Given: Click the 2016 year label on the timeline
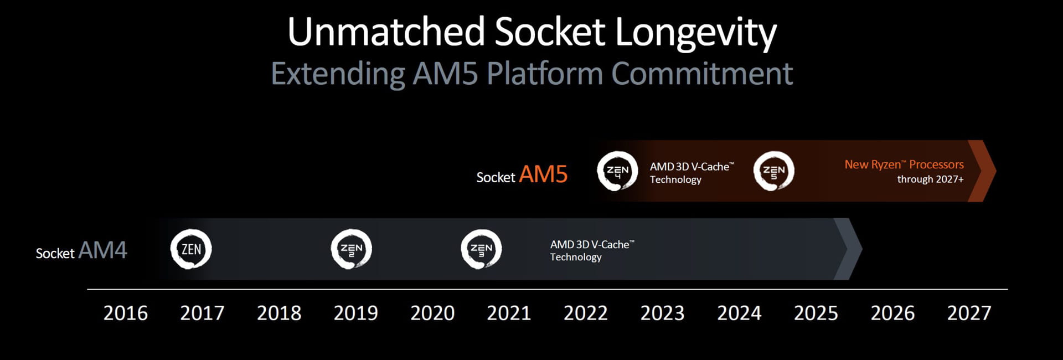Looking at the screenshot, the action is point(126,313).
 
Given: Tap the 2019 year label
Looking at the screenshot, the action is point(355,313).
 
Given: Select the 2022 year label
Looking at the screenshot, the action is point(586,313).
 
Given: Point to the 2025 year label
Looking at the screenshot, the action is point(816,313).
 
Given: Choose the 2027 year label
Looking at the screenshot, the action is point(969,313).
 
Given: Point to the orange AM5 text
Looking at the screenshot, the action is point(543,174).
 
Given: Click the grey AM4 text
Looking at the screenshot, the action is point(103,250).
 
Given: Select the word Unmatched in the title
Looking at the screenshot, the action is point(386,32).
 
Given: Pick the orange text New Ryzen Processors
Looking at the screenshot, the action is point(904,164).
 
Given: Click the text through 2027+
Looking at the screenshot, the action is point(930,179).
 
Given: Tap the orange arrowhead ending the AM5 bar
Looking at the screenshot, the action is point(982,171).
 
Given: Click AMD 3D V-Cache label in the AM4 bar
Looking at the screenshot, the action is point(592,250).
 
